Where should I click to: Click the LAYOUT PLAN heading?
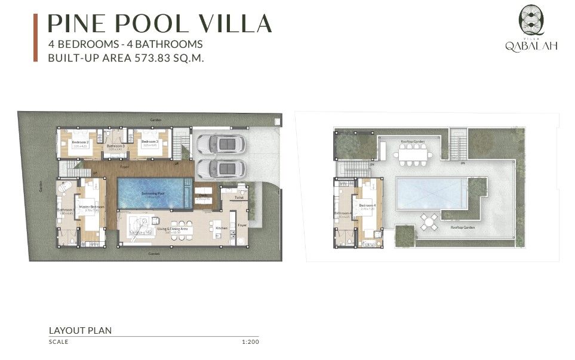pos(80,330)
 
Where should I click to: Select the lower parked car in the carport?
pos(220,168)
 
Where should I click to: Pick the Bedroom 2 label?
pos(80,142)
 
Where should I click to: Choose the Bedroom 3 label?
pos(149,142)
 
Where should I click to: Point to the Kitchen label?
pos(222,228)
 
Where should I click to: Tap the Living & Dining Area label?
pos(172,228)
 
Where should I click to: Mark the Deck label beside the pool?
pos(202,195)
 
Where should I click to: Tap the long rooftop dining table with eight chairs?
pos(413,155)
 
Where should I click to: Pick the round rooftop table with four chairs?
pos(428,222)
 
